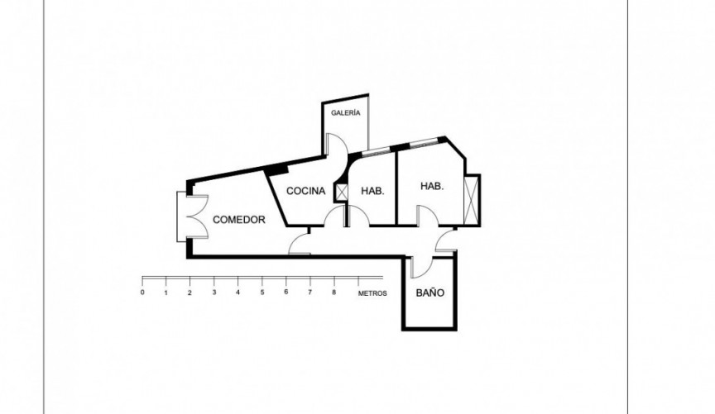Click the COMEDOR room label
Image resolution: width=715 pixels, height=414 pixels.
pyautogui.click(x=238, y=220)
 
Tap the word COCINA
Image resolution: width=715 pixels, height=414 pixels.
pyautogui.click(x=305, y=191)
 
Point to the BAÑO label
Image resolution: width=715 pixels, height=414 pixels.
pyautogui.click(x=430, y=293)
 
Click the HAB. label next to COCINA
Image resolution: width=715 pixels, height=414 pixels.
pyautogui.click(x=372, y=191)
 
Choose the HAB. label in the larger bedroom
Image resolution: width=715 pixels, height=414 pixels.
pyautogui.click(x=432, y=187)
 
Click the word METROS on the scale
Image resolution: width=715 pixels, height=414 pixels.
pyautogui.click(x=372, y=293)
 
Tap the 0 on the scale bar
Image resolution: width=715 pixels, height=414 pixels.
pyautogui.click(x=142, y=293)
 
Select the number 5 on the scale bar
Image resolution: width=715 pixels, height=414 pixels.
pyautogui.click(x=262, y=293)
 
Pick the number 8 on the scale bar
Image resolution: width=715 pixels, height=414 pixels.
pyautogui.click(x=334, y=293)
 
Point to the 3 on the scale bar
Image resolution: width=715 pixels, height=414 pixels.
pyautogui.click(x=214, y=293)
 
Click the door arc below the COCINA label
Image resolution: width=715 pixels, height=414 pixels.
pyautogui.click(x=335, y=218)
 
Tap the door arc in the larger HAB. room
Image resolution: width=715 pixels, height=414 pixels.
pyautogui.click(x=427, y=216)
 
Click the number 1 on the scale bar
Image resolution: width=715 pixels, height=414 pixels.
pyautogui.click(x=166, y=293)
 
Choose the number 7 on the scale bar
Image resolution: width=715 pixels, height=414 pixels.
pyautogui.click(x=310, y=293)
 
